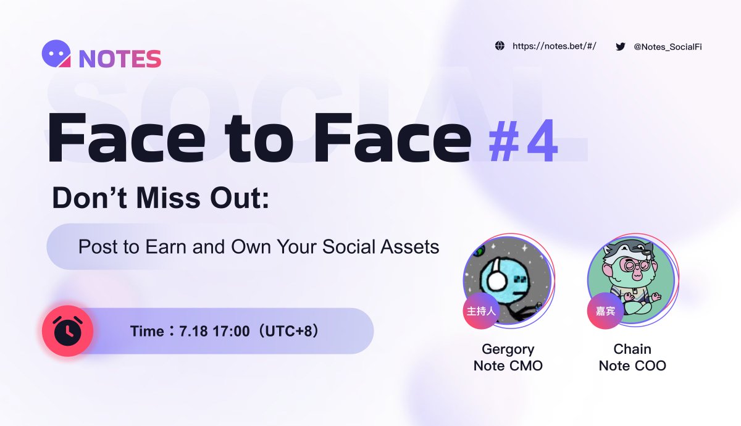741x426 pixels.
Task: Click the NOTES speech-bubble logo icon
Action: click(56, 54)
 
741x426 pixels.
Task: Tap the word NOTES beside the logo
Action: click(120, 59)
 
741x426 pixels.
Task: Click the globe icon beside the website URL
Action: click(500, 46)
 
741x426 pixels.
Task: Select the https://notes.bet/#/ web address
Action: click(555, 46)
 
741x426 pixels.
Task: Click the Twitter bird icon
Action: click(621, 46)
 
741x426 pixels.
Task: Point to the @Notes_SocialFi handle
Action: click(668, 47)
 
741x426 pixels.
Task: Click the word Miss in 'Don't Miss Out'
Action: click(168, 198)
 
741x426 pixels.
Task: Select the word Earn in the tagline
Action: click(165, 247)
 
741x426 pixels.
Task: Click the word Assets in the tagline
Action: click(409, 247)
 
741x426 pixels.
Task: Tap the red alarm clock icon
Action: click(68, 331)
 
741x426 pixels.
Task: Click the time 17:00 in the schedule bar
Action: click(231, 331)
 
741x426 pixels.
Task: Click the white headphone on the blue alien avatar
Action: click(496, 275)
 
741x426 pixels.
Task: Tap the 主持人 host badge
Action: click(481, 311)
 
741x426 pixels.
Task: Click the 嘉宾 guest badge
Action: click(605, 311)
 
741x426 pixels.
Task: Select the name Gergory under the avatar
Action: click(508, 349)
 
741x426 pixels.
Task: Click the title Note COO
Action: click(632, 365)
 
